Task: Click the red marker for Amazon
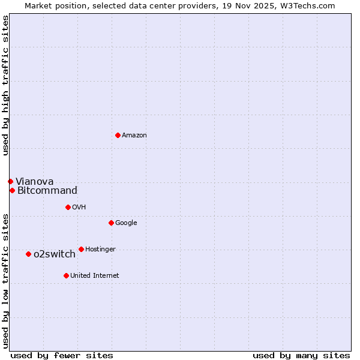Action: tap(118, 135)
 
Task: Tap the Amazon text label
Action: tap(134, 136)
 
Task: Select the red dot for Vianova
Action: tap(10, 181)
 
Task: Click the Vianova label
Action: tap(34, 182)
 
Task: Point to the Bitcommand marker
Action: tap(12, 190)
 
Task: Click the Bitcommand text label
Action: tap(47, 191)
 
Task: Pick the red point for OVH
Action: tap(68, 207)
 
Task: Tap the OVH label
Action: tap(79, 208)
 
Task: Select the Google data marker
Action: tap(111, 223)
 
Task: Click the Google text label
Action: tap(126, 223)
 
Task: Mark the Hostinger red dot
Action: tap(81, 249)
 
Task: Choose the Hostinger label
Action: tap(100, 250)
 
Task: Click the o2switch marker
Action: tap(28, 254)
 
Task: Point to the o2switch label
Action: tap(55, 254)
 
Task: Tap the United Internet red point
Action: tap(66, 275)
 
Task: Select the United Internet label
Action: tap(95, 276)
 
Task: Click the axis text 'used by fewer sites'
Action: tap(62, 355)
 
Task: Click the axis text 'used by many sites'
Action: tap(301, 355)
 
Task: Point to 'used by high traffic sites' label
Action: tap(5, 85)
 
